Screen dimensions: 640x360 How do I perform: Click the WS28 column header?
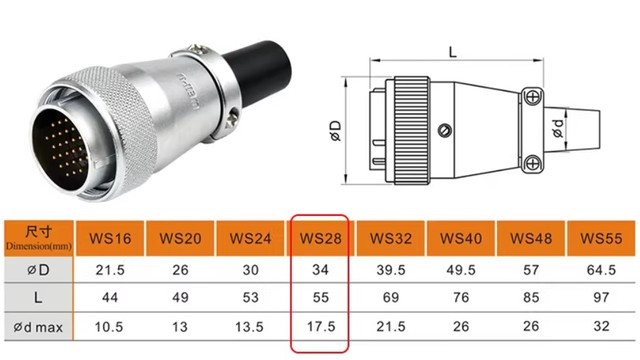point(320,238)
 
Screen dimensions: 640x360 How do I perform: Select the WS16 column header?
point(110,238)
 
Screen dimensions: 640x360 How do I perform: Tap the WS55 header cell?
point(601,238)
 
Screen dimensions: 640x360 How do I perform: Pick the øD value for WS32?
point(391,270)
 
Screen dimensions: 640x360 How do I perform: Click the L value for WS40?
point(461,297)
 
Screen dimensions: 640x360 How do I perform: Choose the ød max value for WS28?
point(321,327)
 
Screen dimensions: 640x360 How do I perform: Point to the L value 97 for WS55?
point(601,297)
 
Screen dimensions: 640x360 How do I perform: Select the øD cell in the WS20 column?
point(180,270)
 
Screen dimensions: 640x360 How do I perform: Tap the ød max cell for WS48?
point(531,327)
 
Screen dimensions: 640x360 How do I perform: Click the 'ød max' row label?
point(38,327)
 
